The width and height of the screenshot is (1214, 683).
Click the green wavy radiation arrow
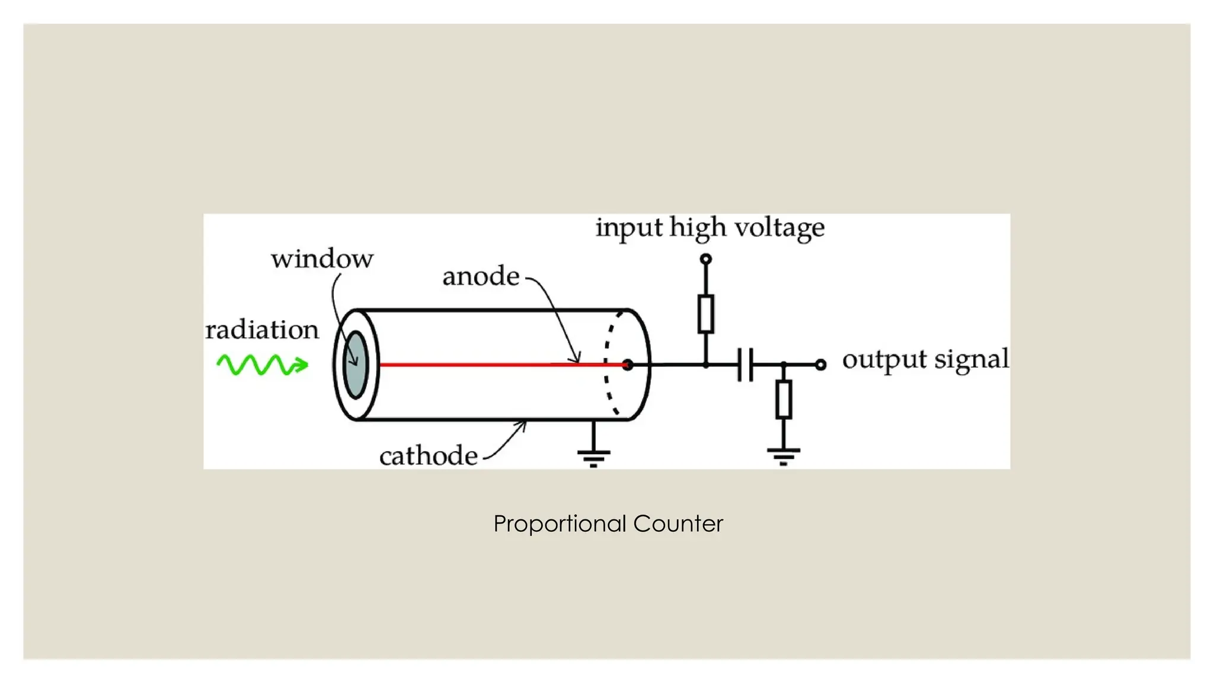tap(262, 365)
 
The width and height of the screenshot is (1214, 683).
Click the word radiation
tap(262, 330)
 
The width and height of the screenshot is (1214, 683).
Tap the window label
tap(322, 259)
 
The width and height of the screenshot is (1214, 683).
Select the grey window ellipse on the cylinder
tap(356, 365)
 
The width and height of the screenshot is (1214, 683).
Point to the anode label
tap(481, 276)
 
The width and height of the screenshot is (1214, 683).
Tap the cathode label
tap(428, 456)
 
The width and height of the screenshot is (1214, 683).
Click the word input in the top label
tap(628, 228)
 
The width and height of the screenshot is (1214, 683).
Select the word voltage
tap(779, 228)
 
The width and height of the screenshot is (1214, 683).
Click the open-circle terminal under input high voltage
tap(705, 259)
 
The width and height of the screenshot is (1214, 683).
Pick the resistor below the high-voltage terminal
tap(705, 313)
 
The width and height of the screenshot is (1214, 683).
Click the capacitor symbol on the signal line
tap(745, 365)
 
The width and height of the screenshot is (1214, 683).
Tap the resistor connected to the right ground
tap(784, 399)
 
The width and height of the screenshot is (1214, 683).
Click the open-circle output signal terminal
tap(820, 365)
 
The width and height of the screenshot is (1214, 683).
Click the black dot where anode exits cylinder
tap(627, 365)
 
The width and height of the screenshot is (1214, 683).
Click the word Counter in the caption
tap(678, 524)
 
